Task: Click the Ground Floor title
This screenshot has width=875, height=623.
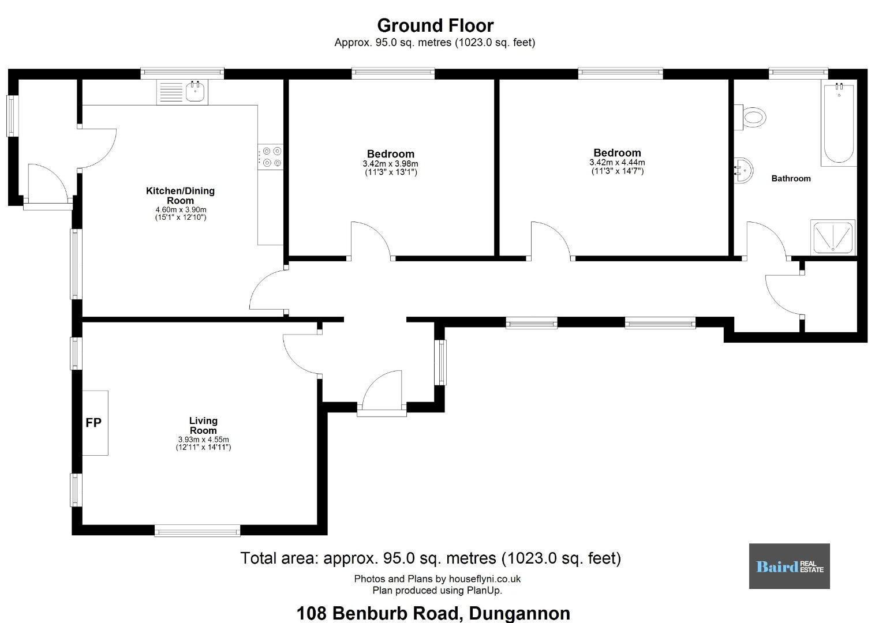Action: (x=435, y=26)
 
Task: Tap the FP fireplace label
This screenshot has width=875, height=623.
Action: (x=94, y=422)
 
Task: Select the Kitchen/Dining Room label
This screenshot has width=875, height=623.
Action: (x=180, y=196)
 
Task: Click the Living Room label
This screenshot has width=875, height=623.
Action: (x=203, y=426)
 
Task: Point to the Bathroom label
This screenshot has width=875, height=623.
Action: (x=791, y=178)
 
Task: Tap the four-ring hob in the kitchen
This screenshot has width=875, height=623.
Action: (x=270, y=156)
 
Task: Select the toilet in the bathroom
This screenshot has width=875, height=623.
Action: (x=750, y=117)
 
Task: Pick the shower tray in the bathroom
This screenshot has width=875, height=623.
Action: (x=833, y=237)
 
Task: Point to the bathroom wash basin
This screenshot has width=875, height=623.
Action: (x=743, y=170)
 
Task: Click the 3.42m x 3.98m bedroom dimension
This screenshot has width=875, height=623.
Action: (x=390, y=164)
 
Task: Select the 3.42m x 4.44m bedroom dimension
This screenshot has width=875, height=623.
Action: (x=617, y=163)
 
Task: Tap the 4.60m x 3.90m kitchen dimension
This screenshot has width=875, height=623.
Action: (x=181, y=209)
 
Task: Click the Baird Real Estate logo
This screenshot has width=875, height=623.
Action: (x=790, y=566)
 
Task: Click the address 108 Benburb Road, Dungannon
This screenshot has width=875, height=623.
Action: (x=433, y=613)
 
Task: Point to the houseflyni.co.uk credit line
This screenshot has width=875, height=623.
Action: (x=437, y=579)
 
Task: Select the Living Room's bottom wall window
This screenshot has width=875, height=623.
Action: (x=197, y=531)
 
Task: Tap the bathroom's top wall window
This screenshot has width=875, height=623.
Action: (x=798, y=73)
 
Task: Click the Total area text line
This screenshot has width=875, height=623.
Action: (x=431, y=558)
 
